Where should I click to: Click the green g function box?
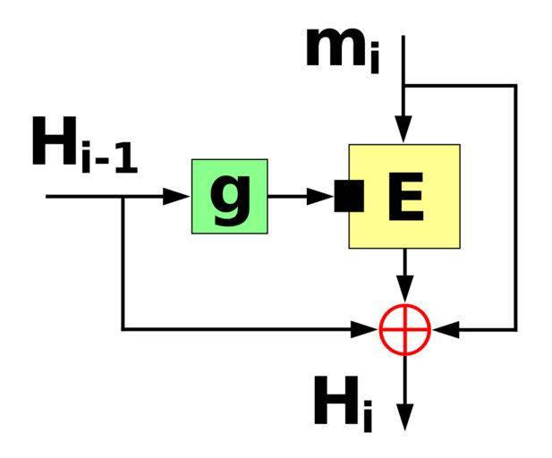(x=230, y=196)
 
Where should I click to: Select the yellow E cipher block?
(x=404, y=196)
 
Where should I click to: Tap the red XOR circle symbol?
(x=405, y=329)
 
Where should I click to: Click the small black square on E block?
(x=349, y=196)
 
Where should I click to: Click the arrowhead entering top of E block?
(x=404, y=131)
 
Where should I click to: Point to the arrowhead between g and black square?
(x=320, y=196)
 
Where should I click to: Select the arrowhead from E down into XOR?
(x=405, y=290)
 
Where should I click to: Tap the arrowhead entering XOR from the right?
(x=446, y=329)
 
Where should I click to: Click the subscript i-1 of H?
(x=110, y=162)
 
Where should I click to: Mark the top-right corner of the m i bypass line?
(x=515, y=86)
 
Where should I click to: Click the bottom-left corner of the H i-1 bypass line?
(x=123, y=329)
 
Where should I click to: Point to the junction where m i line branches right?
(x=404, y=86)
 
